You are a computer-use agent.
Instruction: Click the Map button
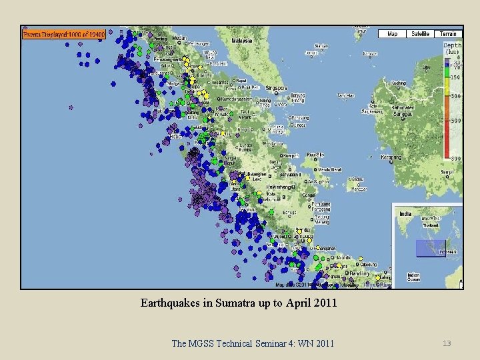pyautogui.click(x=393, y=33)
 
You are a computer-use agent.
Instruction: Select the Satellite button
pyautogui.click(x=420, y=33)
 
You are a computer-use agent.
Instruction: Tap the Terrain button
pyautogui.click(x=448, y=33)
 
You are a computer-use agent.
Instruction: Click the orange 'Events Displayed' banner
pyautogui.click(x=64, y=33)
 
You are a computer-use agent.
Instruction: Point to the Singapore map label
pyautogui.click(x=277, y=87)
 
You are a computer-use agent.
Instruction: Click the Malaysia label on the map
pyautogui.click(x=241, y=40)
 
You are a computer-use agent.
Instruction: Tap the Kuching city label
pyautogui.click(x=399, y=83)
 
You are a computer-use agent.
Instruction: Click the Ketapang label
pyautogui.click(x=371, y=157)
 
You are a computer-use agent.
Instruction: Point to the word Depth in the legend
pyautogui.click(x=452, y=46)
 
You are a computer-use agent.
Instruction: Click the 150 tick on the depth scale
pyautogui.click(x=455, y=77)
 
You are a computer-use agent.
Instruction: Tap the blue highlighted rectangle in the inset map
pyautogui.click(x=430, y=248)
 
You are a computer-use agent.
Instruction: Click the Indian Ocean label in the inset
pyautogui.click(x=413, y=276)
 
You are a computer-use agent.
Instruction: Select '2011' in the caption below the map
pyautogui.click(x=324, y=303)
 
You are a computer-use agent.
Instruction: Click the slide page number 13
pyautogui.click(x=447, y=343)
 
